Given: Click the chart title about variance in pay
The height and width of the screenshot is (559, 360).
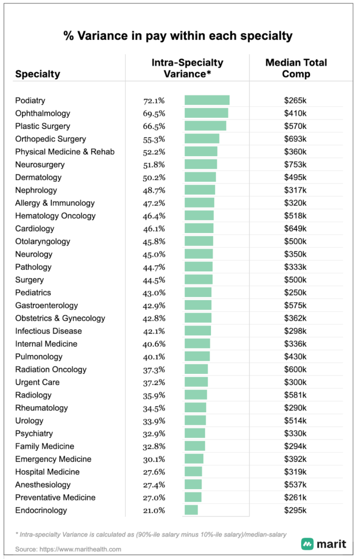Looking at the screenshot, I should coord(178,37).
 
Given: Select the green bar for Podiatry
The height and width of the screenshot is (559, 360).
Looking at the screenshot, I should coord(206,100).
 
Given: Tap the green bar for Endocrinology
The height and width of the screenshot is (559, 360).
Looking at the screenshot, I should coord(191,510).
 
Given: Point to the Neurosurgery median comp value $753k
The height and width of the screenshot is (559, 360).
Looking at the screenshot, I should coord(296,164).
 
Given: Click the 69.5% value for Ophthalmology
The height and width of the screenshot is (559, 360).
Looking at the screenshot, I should coord(154,114).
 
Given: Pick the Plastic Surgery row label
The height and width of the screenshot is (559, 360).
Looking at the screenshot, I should coord(43,126).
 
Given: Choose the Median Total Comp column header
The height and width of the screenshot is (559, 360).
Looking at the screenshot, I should coord(296,68).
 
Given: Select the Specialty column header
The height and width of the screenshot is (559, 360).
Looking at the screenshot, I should coord(38,74).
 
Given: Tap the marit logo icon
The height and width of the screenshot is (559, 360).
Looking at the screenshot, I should coord(308,544).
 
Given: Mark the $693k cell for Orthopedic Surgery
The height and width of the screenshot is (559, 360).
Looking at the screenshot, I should coord(296,139).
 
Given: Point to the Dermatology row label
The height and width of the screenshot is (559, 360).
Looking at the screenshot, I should coord(38,177).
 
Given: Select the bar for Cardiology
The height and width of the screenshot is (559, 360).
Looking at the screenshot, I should coord(199,229).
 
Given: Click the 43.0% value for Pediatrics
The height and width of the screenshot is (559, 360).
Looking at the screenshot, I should coord(154,293).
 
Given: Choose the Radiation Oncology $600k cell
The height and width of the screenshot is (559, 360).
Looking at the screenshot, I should coord(296,370).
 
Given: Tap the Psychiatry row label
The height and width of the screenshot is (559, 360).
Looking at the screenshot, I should coord(34,433).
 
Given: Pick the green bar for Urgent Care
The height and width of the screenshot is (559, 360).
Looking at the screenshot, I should coord(196,382).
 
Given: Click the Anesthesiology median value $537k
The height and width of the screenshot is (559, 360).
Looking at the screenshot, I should coord(296,485).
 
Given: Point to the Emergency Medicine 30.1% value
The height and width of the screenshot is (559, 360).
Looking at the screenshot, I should coord(154,459).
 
